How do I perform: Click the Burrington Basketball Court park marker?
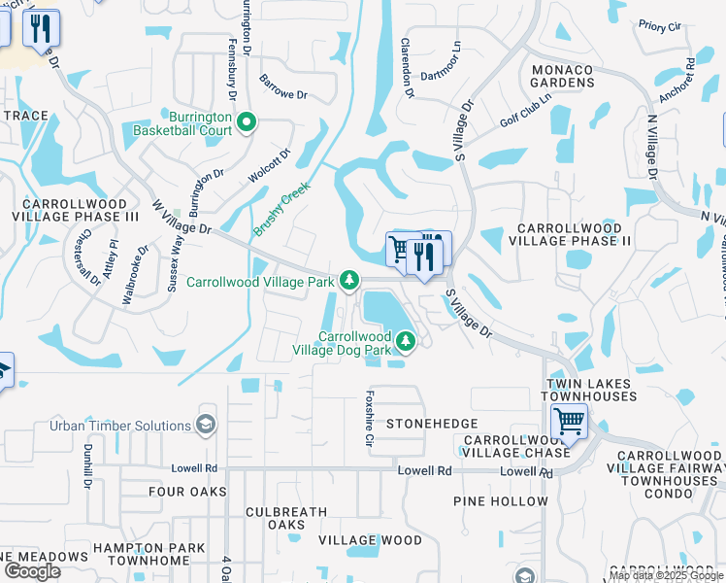tap(247, 122)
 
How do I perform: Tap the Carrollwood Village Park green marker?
tap(350, 282)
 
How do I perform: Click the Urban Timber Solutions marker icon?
tap(206, 425)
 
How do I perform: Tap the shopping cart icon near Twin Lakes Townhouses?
tap(569, 423)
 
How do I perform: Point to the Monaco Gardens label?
tap(562, 75)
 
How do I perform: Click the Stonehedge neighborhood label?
tap(432, 425)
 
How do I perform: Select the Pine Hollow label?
tap(501, 501)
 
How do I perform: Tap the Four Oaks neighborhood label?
tap(187, 492)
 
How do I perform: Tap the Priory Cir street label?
tap(660, 25)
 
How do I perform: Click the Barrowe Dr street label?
tap(283, 89)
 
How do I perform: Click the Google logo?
tap(32, 570)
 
